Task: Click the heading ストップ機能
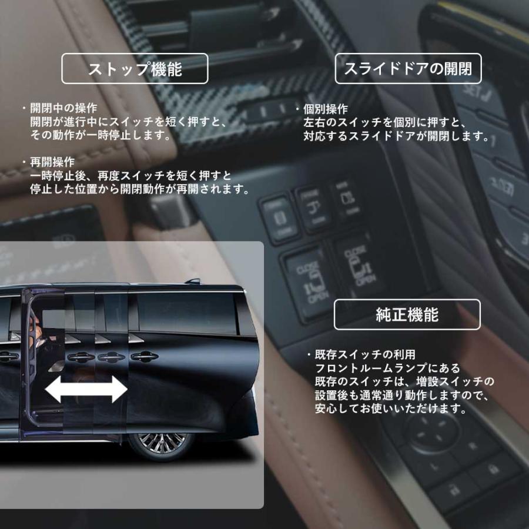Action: click(135, 69)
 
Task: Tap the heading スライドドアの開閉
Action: click(407, 69)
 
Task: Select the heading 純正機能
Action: click(407, 314)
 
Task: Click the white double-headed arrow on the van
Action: click(86, 390)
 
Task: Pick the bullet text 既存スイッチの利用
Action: click(365, 355)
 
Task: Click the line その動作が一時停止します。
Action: click(101, 135)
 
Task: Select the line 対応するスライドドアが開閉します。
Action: click(397, 136)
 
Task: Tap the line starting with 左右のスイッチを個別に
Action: click(385, 123)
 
